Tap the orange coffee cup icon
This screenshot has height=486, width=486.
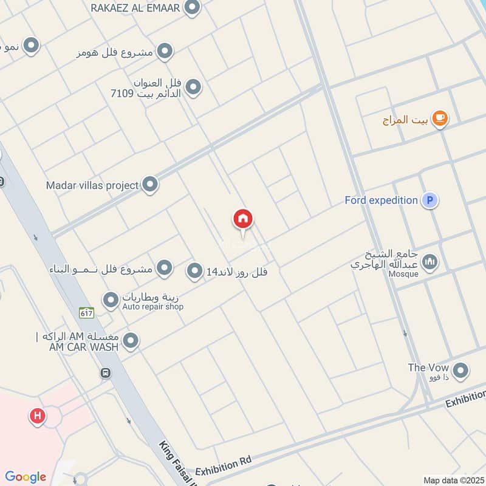click(440, 119)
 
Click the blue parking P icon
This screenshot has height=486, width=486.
click(430, 200)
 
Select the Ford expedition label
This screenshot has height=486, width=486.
click(381, 200)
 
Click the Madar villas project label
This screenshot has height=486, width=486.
click(92, 185)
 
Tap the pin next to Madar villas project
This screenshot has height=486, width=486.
click(150, 185)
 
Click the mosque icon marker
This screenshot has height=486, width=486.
click(430, 262)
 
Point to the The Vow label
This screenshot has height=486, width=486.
click(428, 368)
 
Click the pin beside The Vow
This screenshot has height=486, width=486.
click(460, 370)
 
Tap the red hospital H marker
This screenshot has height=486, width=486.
click(38, 417)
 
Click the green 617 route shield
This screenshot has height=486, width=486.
click(86, 312)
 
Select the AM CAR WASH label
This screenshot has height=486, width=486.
click(78, 346)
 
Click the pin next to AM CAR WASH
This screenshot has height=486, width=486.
click(131, 341)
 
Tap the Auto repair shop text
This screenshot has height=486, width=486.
click(152, 307)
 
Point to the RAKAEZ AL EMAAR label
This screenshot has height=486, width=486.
click(135, 8)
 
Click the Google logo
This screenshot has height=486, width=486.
click(26, 477)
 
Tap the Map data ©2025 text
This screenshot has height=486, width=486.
click(453, 480)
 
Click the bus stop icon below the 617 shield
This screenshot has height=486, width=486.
click(106, 373)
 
